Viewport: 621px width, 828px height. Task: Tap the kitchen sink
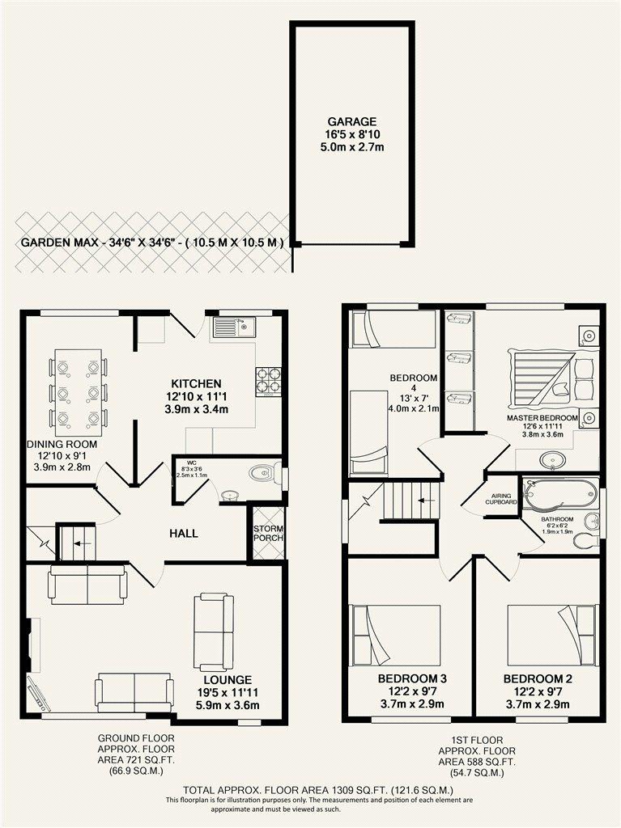[x=233, y=327]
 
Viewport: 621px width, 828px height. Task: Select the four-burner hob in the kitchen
[x=268, y=382]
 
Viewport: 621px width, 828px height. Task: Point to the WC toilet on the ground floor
[x=266, y=472]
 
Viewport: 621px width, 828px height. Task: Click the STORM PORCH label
[x=268, y=534]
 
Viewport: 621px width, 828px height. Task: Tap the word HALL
[x=184, y=534]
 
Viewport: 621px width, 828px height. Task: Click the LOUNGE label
[x=228, y=679]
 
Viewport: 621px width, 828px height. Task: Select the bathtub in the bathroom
[x=561, y=494]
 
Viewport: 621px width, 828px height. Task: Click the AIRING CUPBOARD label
[x=500, y=499]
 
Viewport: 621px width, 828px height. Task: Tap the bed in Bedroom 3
[x=397, y=636]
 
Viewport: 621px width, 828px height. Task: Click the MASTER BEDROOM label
[x=535, y=418]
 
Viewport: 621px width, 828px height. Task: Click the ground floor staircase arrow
[x=82, y=543]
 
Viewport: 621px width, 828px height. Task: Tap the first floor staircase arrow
[x=427, y=500]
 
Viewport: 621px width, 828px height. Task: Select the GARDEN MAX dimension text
[x=152, y=243]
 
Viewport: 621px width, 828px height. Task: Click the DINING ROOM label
[x=62, y=444]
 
